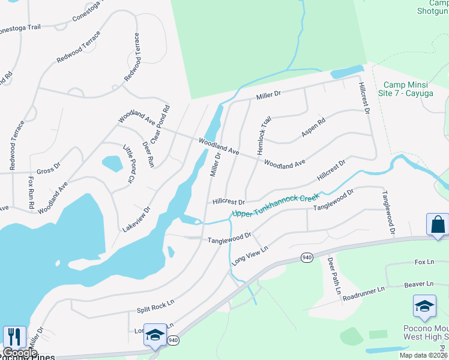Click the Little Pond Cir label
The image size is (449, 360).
click(128, 164)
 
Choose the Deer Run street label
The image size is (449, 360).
click(148, 153)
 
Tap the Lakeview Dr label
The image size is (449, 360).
click(136, 220)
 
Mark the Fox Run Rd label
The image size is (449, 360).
click(31, 192)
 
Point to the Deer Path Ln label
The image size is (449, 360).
click(334, 277)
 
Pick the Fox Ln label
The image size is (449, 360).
click(424, 263)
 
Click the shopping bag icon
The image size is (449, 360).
click(438, 225)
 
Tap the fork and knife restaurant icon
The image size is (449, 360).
click(14, 337)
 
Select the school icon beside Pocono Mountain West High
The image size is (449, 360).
click(424, 306)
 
